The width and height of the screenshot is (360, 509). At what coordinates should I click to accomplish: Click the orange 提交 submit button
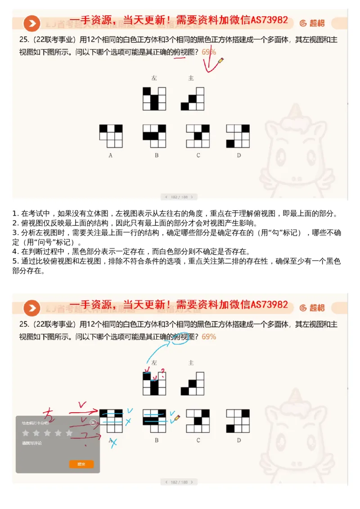click(81, 464)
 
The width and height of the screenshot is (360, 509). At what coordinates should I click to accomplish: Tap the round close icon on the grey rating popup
click(93, 423)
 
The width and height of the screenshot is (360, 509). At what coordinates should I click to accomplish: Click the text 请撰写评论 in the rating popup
click(30, 443)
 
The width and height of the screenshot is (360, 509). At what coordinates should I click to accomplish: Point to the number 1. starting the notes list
click(15, 213)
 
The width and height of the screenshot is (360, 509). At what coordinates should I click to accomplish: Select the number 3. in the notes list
click(15, 233)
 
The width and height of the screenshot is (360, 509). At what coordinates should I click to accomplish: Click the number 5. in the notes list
click(15, 261)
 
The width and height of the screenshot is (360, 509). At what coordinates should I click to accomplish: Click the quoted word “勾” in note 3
click(268, 233)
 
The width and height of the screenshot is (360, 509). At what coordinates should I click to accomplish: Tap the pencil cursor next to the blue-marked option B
click(177, 418)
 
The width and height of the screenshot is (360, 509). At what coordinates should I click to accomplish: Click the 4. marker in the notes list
click(15, 252)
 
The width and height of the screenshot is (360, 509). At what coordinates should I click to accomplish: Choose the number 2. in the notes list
click(15, 223)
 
